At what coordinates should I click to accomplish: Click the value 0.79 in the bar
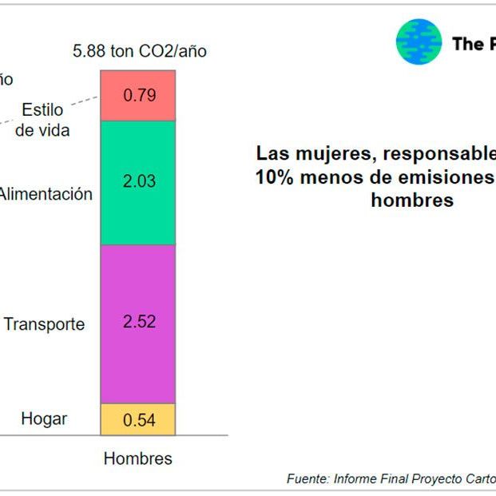tap(139, 95)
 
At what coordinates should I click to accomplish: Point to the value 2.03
tap(139, 182)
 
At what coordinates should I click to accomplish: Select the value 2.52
tap(139, 323)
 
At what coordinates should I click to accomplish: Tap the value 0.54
tap(139, 420)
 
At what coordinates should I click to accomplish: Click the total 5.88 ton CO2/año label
tap(140, 52)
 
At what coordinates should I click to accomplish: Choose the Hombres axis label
tap(138, 458)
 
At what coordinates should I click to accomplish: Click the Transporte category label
tap(45, 324)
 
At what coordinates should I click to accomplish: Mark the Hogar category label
tap(45, 419)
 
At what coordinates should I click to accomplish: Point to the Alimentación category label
tap(46, 194)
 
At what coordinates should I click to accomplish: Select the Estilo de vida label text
tap(42, 120)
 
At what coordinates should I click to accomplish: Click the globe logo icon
tap(419, 42)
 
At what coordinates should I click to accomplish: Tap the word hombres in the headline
tap(412, 200)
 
